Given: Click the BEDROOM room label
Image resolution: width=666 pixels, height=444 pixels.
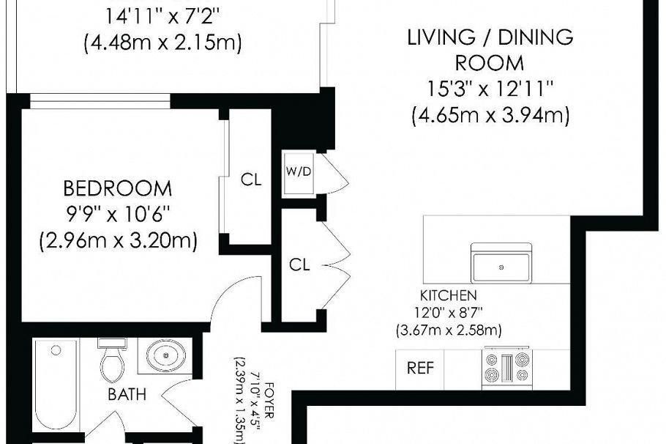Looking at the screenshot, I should [118, 189].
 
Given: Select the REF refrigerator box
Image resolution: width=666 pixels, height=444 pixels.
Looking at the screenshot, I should [420, 369].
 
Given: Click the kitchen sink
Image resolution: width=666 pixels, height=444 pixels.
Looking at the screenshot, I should [501, 265].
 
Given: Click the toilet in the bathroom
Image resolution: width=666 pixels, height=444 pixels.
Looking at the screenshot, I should [112, 359].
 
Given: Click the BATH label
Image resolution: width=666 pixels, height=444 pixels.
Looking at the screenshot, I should [127, 394].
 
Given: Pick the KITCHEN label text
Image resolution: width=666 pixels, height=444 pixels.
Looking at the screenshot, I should [449, 296].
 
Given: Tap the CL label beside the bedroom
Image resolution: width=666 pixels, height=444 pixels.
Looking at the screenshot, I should [251, 180].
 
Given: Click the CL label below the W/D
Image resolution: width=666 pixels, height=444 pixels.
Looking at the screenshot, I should [299, 265].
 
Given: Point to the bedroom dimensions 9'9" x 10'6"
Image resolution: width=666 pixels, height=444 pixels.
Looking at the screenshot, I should [118, 215].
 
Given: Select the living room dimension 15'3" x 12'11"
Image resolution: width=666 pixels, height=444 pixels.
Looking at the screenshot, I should [490, 89].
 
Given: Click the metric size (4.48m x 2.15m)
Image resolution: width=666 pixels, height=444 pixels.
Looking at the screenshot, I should [163, 42].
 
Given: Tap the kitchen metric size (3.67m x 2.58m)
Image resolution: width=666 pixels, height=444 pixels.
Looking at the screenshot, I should [449, 330].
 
